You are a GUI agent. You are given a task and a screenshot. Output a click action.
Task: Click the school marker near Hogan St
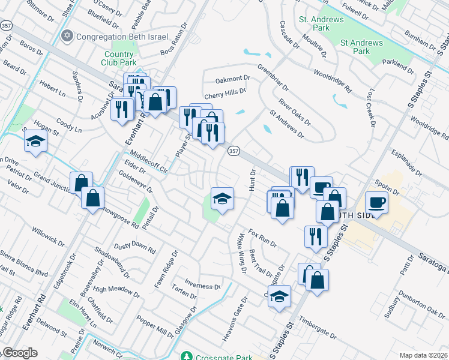35,142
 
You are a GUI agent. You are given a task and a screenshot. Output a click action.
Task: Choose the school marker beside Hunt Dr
221,199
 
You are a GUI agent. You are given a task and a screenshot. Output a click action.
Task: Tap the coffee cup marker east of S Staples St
376,202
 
